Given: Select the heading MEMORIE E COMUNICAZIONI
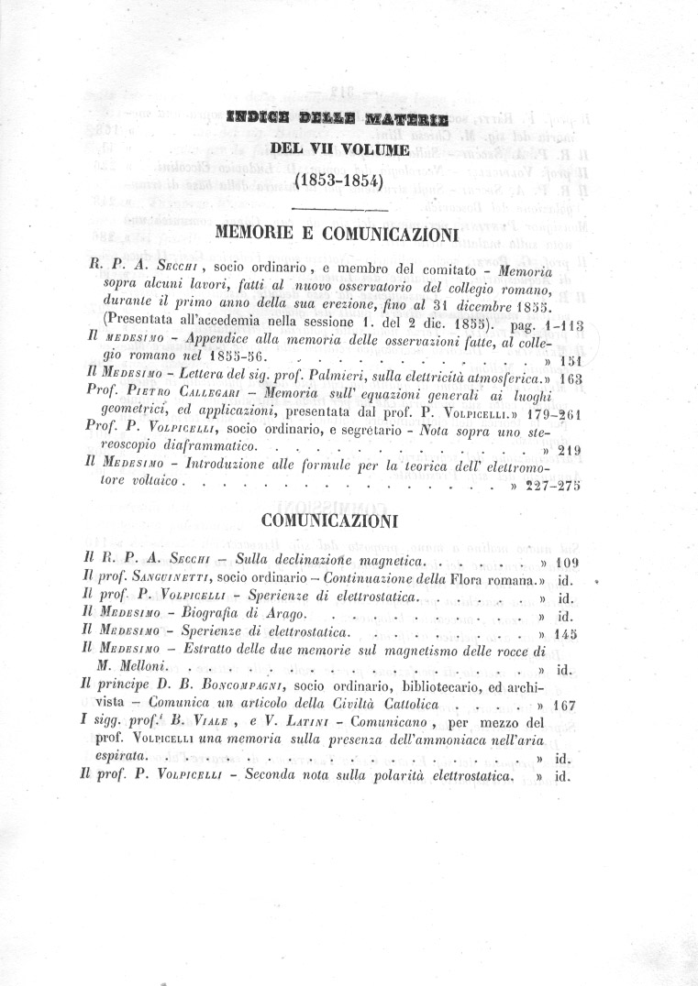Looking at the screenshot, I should [x=336, y=234].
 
